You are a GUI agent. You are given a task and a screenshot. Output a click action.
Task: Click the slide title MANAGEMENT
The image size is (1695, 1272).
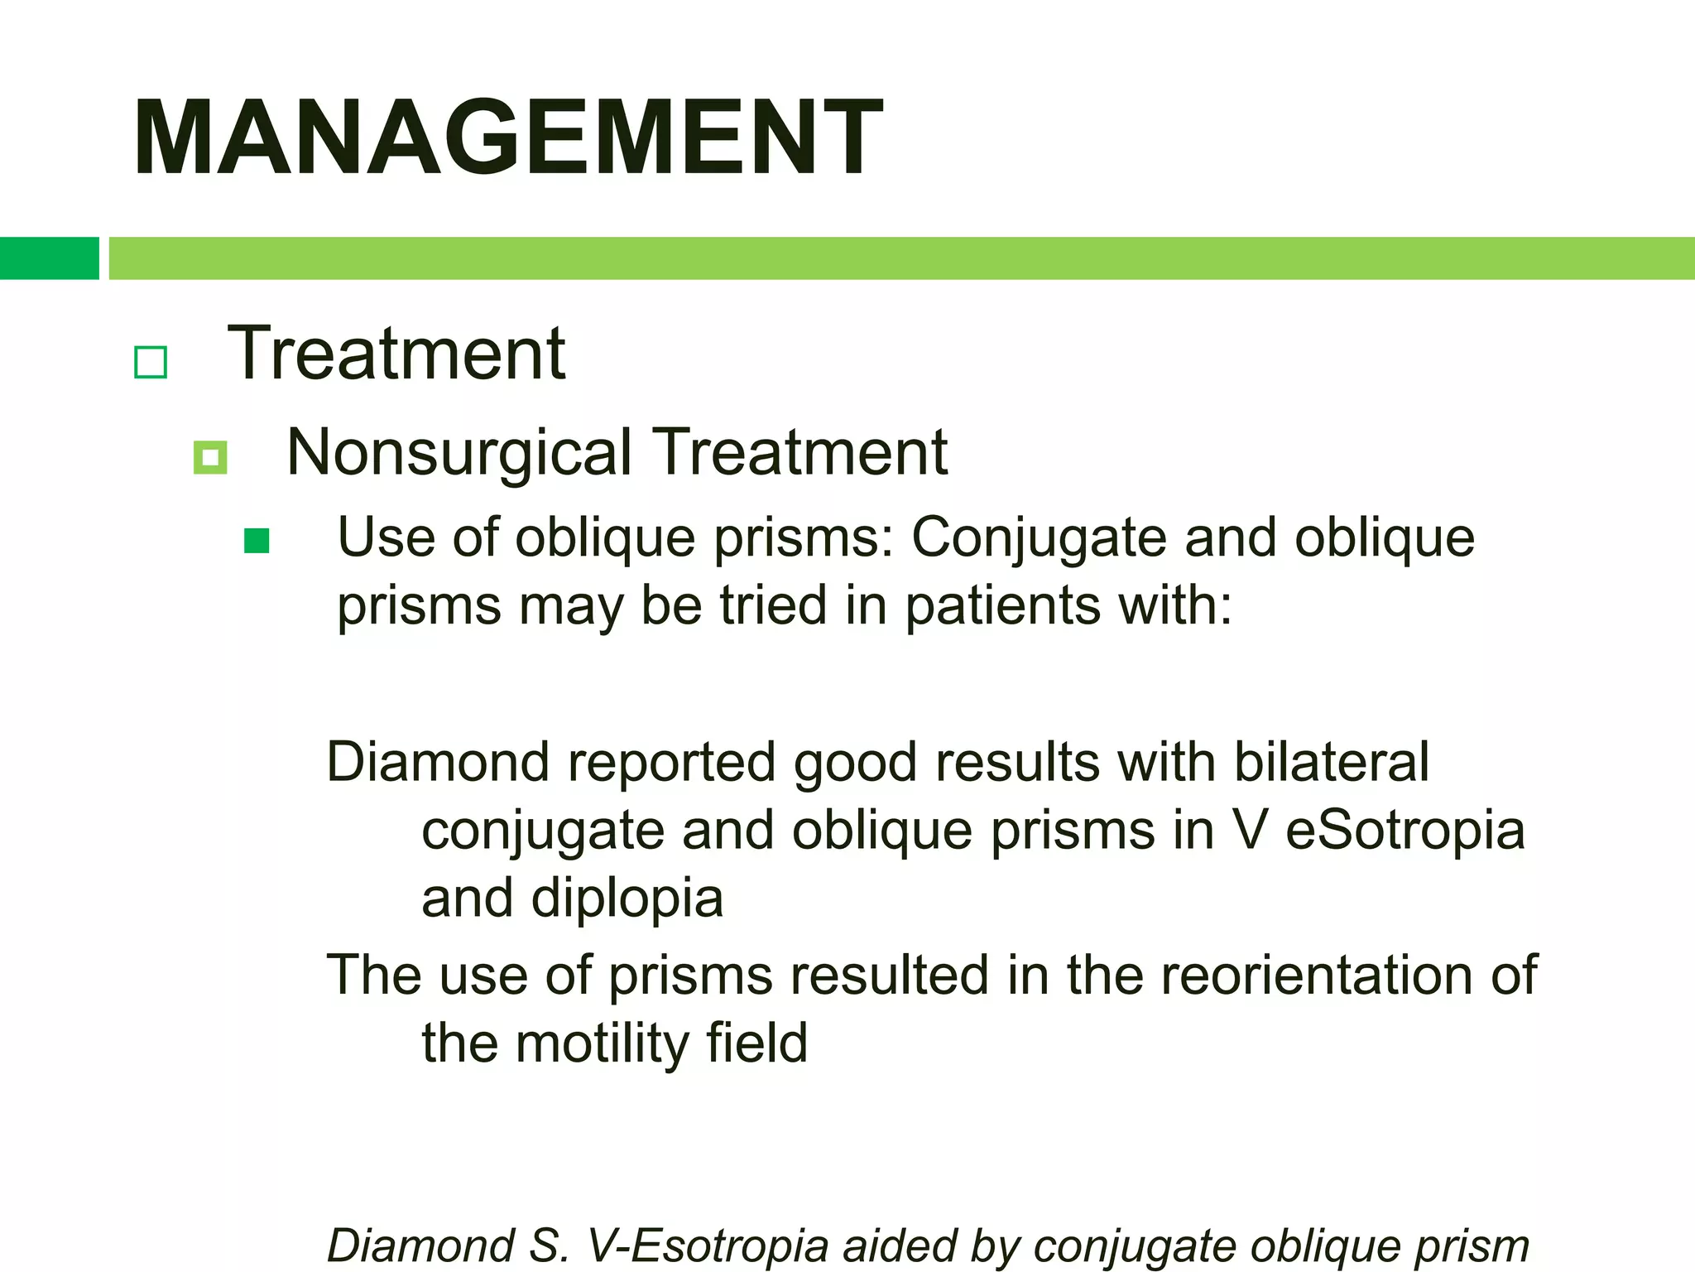pyautogui.click(x=507, y=137)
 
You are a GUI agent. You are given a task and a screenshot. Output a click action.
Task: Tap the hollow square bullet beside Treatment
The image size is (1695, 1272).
pyautogui.click(x=151, y=362)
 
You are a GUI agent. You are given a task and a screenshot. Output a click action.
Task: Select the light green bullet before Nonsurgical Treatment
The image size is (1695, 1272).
pyautogui.click(x=210, y=457)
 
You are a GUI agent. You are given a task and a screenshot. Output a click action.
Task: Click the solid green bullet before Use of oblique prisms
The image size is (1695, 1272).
pyautogui.click(x=257, y=541)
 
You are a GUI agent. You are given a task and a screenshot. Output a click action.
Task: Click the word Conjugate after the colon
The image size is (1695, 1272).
pyautogui.click(x=1039, y=539)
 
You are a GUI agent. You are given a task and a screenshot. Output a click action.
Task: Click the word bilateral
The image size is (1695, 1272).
pyautogui.click(x=1331, y=762)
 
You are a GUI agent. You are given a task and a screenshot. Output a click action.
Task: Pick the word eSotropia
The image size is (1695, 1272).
pyautogui.click(x=1404, y=830)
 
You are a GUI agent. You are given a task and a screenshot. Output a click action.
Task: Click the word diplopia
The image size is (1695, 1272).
pyautogui.click(x=627, y=899)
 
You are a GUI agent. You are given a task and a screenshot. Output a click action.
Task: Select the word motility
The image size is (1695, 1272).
pyautogui.click(x=602, y=1043)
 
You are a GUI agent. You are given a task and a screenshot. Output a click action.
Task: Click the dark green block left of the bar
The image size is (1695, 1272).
pyautogui.click(x=49, y=258)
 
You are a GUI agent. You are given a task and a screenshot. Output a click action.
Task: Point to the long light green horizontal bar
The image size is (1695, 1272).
pyautogui.click(x=901, y=258)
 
